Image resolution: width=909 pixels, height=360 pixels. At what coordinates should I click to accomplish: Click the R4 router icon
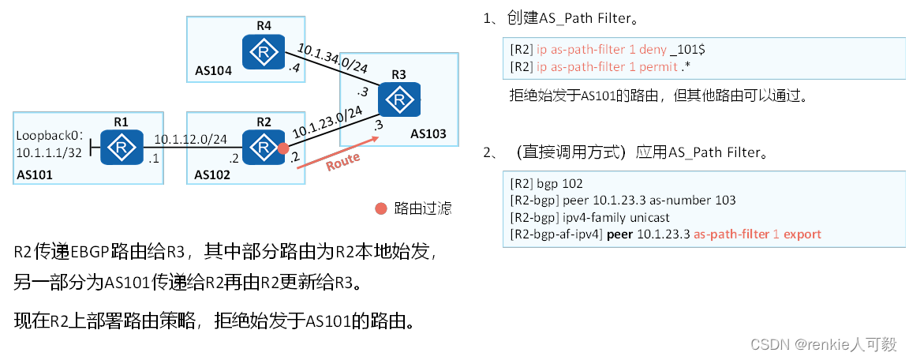point(263,53)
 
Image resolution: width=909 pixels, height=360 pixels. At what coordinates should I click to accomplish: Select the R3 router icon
point(398,100)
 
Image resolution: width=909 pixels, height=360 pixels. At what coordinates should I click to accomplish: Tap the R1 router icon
point(122,148)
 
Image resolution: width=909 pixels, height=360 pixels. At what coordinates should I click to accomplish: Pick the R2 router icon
point(263,148)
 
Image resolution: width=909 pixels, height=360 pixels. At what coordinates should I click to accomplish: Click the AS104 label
point(214,71)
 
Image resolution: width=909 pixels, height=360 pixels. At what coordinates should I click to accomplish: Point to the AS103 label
point(429,134)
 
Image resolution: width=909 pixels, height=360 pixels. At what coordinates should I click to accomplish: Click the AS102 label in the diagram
point(214,174)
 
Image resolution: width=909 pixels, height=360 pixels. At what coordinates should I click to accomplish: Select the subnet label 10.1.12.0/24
point(190,140)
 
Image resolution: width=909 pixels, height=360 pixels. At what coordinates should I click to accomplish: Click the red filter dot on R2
point(283,148)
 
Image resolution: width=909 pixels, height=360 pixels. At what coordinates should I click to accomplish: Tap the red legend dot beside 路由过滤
point(381,208)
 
